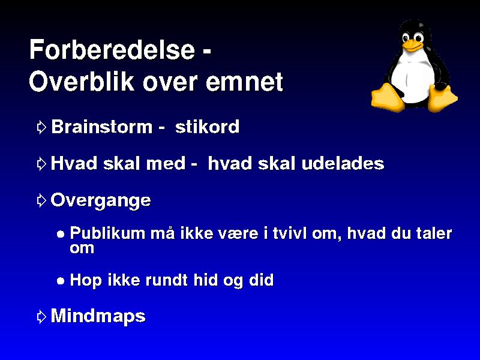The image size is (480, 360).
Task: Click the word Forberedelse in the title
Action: [112, 49]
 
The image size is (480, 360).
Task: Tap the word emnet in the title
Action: [244, 82]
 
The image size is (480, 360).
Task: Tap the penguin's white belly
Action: [412, 79]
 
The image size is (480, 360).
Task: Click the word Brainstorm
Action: [101, 127]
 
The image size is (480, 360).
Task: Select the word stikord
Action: [207, 127]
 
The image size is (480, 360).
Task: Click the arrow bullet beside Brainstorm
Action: [41, 127]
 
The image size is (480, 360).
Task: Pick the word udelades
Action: [343, 163]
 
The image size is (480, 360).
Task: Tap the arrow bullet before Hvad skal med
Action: [41, 164]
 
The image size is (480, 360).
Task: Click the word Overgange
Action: [101, 201]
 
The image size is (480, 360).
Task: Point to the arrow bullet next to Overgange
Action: [41, 200]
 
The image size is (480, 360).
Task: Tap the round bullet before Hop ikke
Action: [61, 281]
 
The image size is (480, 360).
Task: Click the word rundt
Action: [167, 280]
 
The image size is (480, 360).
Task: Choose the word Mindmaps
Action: [98, 316]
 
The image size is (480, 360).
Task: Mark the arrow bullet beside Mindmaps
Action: [41, 317]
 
